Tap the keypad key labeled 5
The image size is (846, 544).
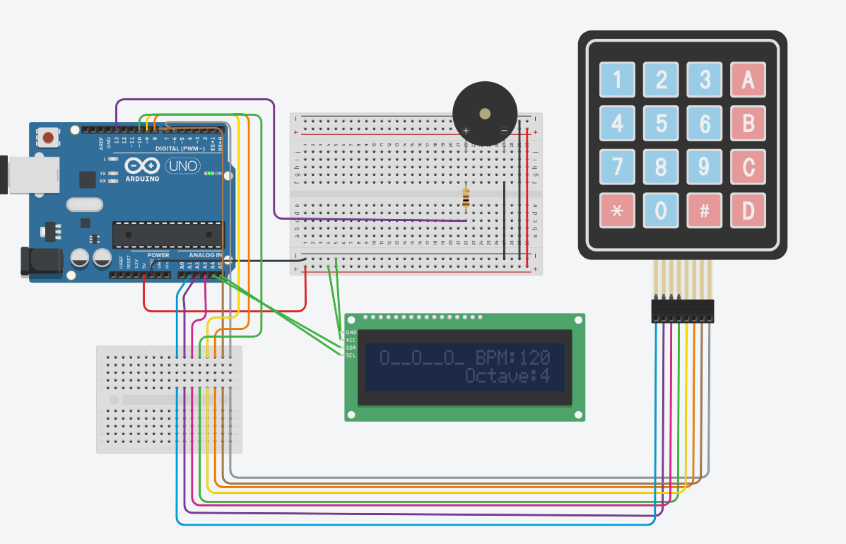[661, 124]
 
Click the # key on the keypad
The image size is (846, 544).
[705, 211]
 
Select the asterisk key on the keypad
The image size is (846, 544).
[617, 211]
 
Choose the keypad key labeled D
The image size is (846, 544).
[748, 211]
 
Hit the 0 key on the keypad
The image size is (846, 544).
[661, 211]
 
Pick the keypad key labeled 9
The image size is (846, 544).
[705, 167]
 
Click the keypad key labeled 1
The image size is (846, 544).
[617, 80]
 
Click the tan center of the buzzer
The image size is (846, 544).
[484, 113]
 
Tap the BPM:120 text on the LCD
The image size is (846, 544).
[512, 357]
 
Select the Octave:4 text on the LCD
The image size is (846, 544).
[507, 375]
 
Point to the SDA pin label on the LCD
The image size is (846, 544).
[351, 348]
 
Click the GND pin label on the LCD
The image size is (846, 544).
[351, 332]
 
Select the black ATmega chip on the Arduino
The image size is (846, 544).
[166, 235]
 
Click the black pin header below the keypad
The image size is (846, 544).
[682, 311]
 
